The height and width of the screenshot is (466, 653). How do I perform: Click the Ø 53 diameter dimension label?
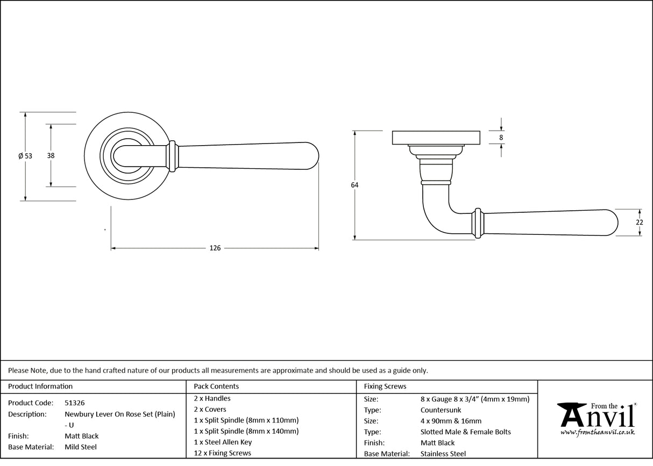pos(25,156)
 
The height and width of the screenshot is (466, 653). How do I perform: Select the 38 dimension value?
pos(51,156)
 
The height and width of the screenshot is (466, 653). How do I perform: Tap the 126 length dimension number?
pos(215,248)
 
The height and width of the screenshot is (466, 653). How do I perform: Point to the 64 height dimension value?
pos(354,185)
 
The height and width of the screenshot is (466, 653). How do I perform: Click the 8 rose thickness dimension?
pos(501,138)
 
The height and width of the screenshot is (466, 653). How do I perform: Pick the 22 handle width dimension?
pos(639,223)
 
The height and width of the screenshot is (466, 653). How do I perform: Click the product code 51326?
pos(74,403)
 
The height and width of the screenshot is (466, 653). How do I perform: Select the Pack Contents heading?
pos(216,386)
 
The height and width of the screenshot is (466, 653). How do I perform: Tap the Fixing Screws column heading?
pos(385,386)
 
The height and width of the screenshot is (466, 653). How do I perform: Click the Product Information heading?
pos(40,386)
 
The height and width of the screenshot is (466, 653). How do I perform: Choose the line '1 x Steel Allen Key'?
pos(223,442)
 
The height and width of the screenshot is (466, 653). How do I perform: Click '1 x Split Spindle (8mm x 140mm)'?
pos(246,431)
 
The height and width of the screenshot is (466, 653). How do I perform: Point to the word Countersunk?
pos(441,410)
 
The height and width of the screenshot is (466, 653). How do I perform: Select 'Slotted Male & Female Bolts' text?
pos(465,432)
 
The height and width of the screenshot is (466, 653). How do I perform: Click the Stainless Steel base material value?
pos(443,454)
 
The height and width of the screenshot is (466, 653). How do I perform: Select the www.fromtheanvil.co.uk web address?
pos(597,432)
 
